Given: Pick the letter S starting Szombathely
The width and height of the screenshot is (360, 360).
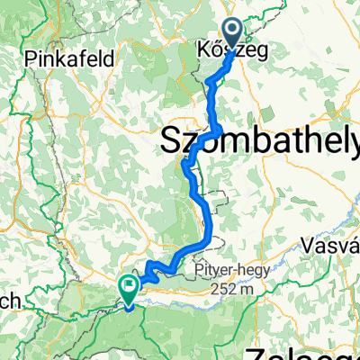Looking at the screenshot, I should pos(171,140).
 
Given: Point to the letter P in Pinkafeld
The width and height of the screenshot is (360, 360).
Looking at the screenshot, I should pos(32,58).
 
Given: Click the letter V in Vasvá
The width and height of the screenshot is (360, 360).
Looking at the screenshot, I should pos(311,243).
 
